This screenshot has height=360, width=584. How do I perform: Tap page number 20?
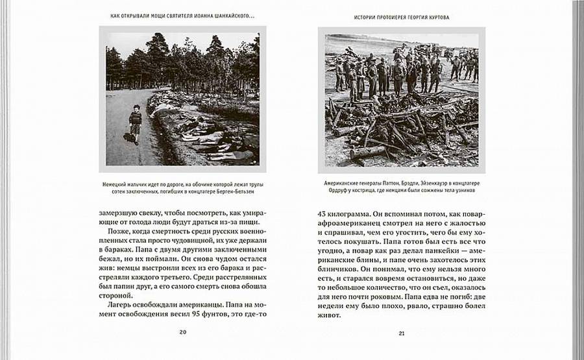click(183, 332)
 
